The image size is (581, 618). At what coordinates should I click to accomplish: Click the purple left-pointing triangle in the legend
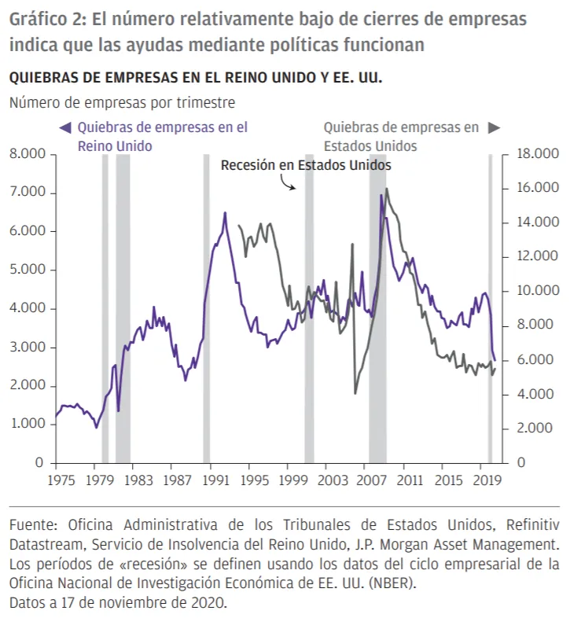coord(66,127)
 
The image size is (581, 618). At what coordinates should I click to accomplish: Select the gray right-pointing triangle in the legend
coord(494,127)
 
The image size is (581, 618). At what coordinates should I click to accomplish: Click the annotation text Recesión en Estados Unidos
coord(306,166)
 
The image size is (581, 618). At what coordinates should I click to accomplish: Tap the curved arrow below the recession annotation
coord(287,183)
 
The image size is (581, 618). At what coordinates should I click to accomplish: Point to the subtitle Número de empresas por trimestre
coord(122,102)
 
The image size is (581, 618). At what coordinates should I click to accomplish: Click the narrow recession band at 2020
coord(490,307)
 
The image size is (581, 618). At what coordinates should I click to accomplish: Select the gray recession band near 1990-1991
coord(206,307)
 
